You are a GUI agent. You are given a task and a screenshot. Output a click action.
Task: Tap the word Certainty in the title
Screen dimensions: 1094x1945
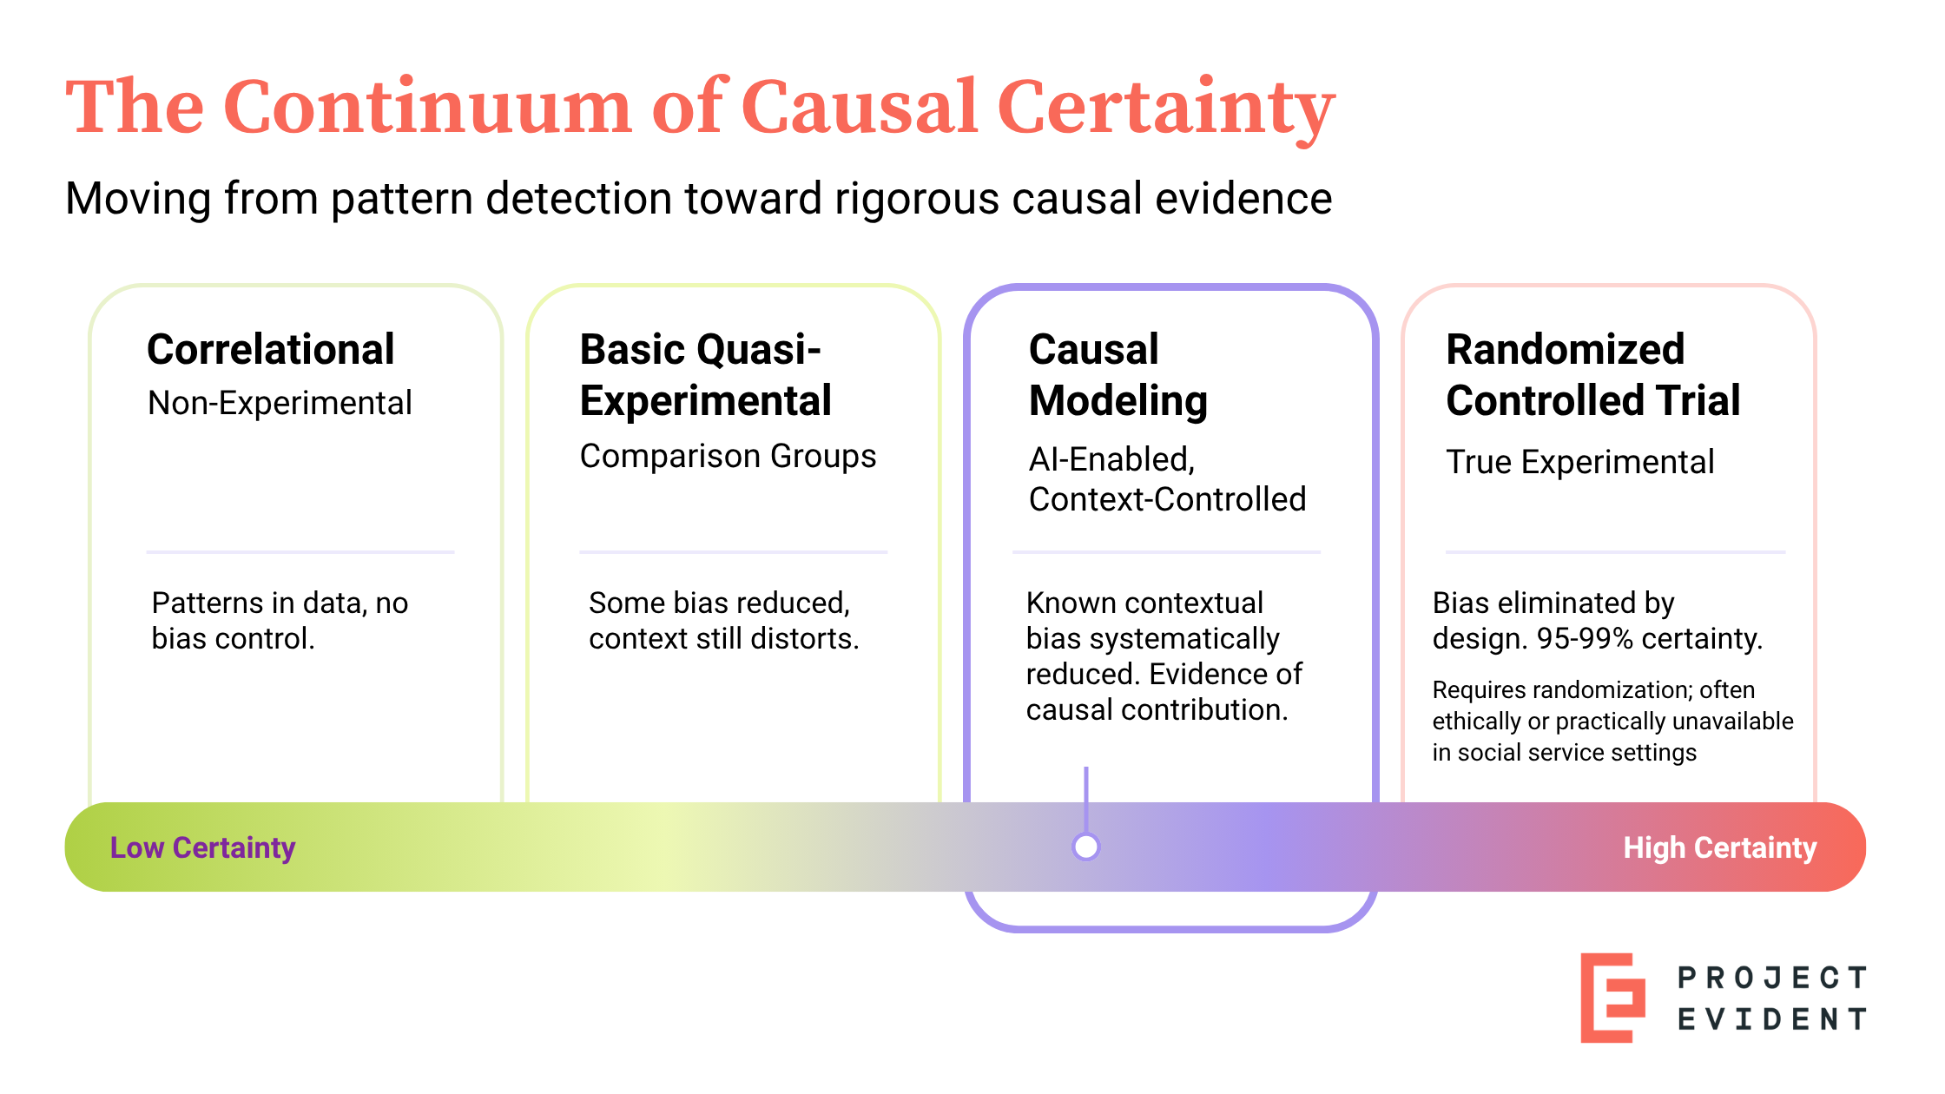(1165, 108)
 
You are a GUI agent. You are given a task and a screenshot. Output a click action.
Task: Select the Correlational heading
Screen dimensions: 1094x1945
(270, 350)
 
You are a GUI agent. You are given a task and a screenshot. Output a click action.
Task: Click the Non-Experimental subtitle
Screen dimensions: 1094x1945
(280, 404)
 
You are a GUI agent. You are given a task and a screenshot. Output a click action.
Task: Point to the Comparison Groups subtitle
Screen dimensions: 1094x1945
(728, 457)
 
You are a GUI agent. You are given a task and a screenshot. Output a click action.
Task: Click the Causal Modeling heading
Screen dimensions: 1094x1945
(1118, 375)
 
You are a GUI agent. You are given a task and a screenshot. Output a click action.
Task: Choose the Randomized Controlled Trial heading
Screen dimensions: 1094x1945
(1592, 375)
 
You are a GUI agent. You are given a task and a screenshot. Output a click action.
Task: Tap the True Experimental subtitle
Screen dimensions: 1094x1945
(1579, 463)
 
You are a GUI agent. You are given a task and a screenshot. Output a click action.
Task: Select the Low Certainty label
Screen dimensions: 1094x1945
(202, 847)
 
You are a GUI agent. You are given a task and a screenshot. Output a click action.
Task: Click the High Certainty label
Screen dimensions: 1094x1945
(1719, 847)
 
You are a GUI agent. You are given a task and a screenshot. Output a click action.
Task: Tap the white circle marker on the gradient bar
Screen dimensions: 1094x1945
(1085, 847)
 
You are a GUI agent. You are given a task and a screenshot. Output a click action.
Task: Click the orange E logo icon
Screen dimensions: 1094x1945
(1612, 998)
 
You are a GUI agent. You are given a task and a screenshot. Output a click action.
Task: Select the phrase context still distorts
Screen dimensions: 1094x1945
(723, 639)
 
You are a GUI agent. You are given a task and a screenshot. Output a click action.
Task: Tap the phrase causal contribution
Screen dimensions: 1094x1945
(1156, 710)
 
